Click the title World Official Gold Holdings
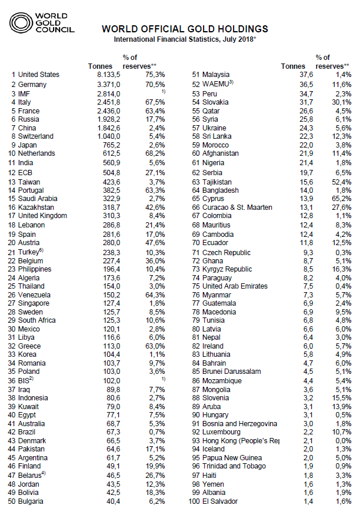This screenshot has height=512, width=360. pyautogui.click(x=185, y=29)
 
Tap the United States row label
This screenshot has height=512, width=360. pyautogui.click(x=39, y=75)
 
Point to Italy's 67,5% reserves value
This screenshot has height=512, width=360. pyautogui.click(x=152, y=102)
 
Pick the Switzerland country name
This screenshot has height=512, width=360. pyautogui.click(x=36, y=136)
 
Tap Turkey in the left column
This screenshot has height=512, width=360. pyautogui.click(x=29, y=252)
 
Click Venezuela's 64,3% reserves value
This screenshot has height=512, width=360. pyautogui.click(x=152, y=295)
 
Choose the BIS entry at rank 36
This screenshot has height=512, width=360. pyautogui.click(x=26, y=380)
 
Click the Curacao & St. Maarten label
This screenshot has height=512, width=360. pyautogui.click(x=237, y=207)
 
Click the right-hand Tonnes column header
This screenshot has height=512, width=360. pyautogui.click(x=294, y=66)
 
